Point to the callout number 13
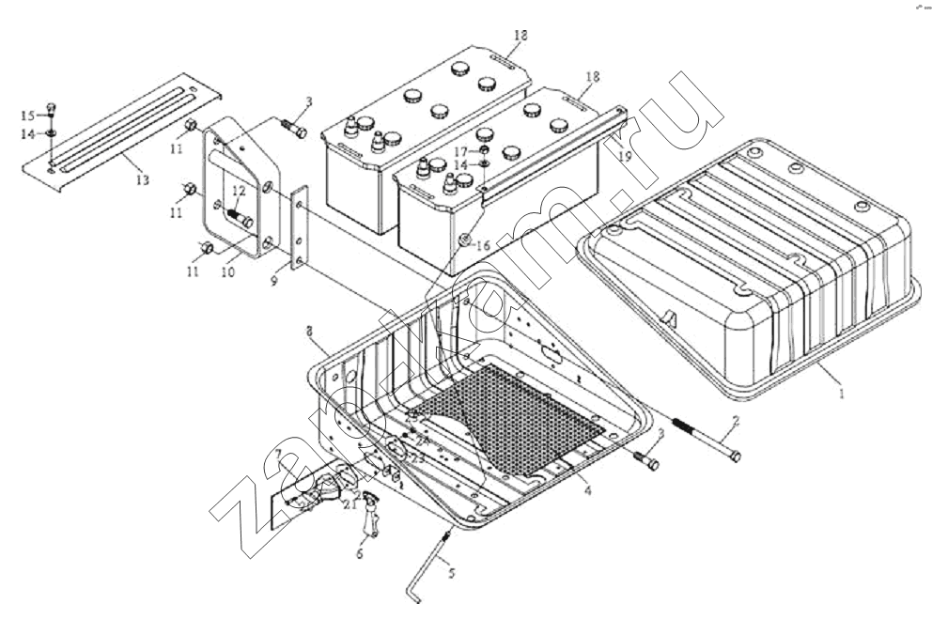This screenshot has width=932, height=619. (141, 180)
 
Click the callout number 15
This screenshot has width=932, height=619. (28, 115)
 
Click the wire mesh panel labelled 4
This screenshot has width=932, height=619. (507, 418)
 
